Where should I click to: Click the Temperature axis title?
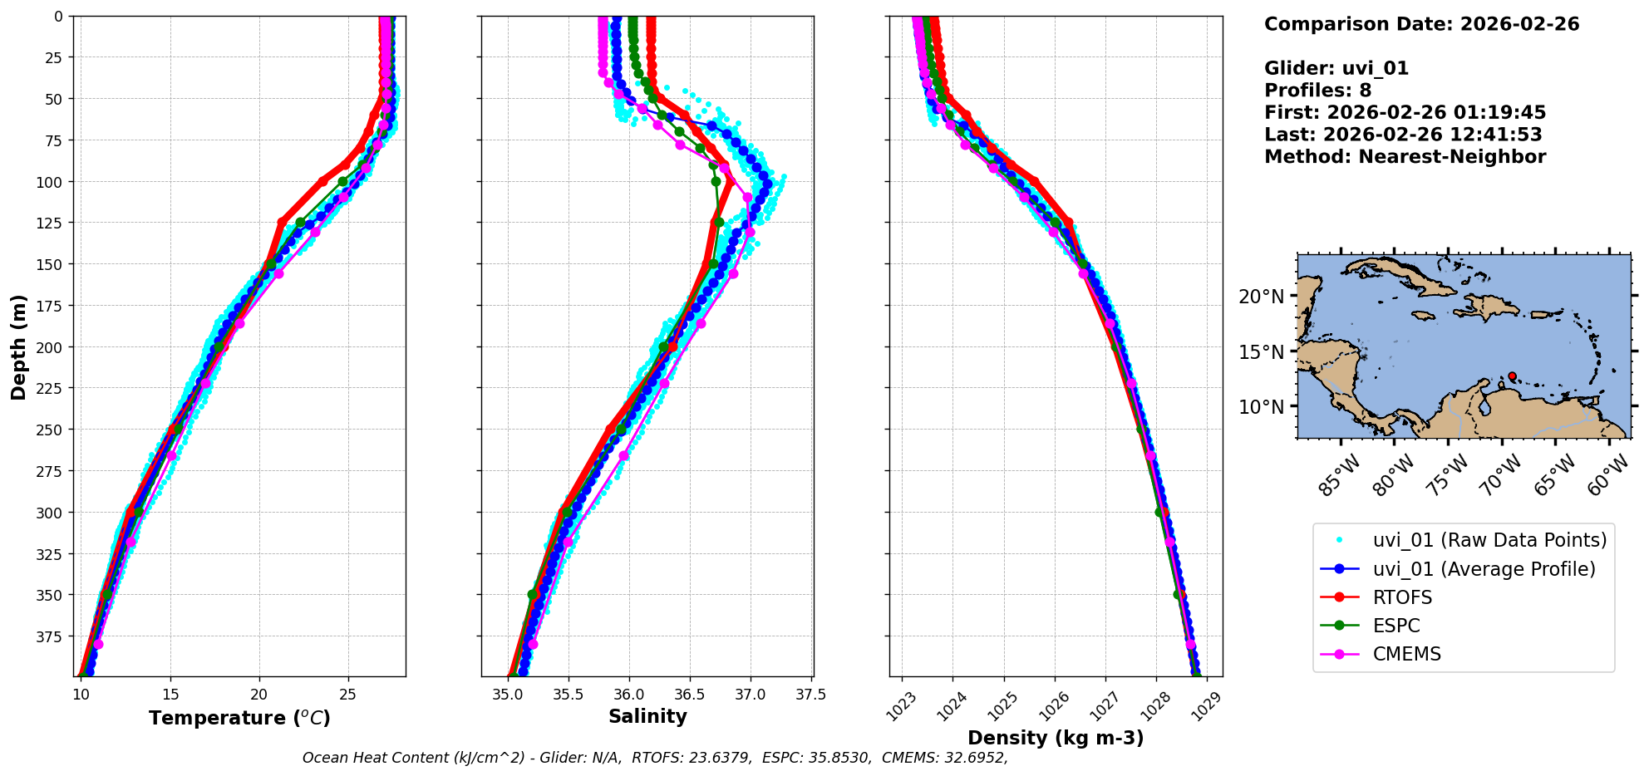(239, 718)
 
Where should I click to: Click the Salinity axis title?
(647, 716)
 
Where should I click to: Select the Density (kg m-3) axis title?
(1056, 738)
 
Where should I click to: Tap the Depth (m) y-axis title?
(18, 346)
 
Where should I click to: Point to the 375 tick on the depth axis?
(52, 636)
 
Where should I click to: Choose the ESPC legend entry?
(1396, 626)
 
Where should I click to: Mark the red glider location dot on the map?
(1512, 376)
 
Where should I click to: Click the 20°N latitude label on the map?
(1261, 297)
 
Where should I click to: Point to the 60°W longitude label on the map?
(1607, 475)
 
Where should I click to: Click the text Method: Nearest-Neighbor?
(1405, 156)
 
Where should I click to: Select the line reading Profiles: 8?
(1317, 91)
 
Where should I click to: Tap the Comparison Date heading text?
(1421, 24)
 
